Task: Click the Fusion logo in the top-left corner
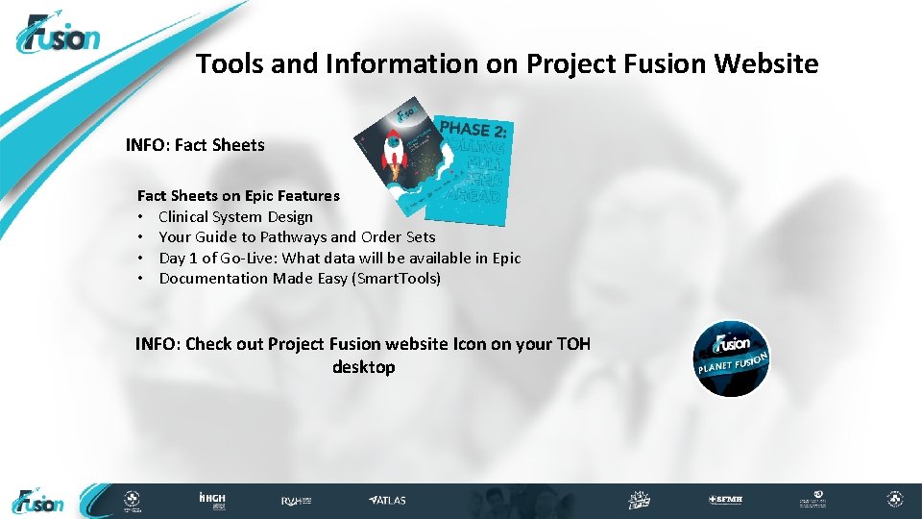point(58,36)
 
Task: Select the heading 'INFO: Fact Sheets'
point(195,145)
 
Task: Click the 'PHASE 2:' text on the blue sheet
point(473,131)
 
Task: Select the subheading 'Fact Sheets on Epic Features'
point(238,195)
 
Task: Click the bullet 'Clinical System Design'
point(235,216)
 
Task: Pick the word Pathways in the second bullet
point(293,236)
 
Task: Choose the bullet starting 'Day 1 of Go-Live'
point(339,258)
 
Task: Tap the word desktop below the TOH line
point(363,367)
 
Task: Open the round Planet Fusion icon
point(732,358)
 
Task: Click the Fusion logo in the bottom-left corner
point(38,501)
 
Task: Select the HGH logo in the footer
point(211,500)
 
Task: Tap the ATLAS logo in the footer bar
point(388,500)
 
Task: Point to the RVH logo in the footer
point(296,500)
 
